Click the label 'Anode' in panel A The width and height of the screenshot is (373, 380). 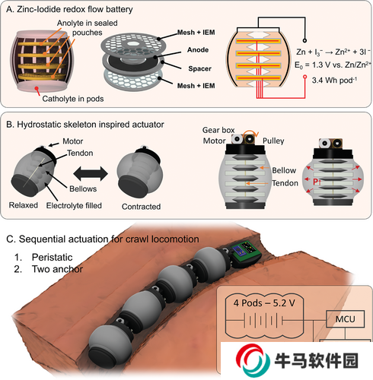pos(198,49)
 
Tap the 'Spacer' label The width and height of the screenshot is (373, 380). pos(199,68)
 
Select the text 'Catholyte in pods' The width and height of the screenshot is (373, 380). pos(73,99)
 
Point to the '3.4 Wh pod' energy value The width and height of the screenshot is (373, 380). pos(334,80)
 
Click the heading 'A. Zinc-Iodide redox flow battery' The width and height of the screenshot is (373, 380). pos(69,10)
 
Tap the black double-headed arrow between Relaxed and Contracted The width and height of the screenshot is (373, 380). pos(91,174)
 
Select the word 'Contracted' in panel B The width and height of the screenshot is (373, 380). pos(141,207)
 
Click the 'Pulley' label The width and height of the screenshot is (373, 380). pos(273,141)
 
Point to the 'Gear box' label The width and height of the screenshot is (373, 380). pos(218,130)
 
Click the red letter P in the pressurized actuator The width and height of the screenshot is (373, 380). pos(316,182)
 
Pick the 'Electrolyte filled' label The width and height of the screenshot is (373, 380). pos(74,205)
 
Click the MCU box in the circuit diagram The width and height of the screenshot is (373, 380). pos(345,319)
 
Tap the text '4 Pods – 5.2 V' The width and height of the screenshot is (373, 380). pos(264,302)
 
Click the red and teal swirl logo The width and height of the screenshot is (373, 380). pos(253,360)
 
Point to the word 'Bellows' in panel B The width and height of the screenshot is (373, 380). pos(83,188)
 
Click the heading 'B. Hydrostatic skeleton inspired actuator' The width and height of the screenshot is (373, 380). pos(85,125)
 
